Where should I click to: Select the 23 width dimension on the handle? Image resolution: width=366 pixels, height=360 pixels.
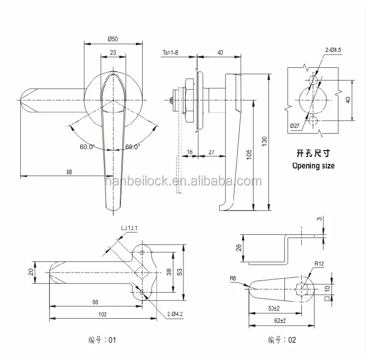(112, 52)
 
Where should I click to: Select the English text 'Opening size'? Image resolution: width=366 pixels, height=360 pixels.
(313, 165)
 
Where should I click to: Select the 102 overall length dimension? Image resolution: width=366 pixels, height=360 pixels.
(102, 314)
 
